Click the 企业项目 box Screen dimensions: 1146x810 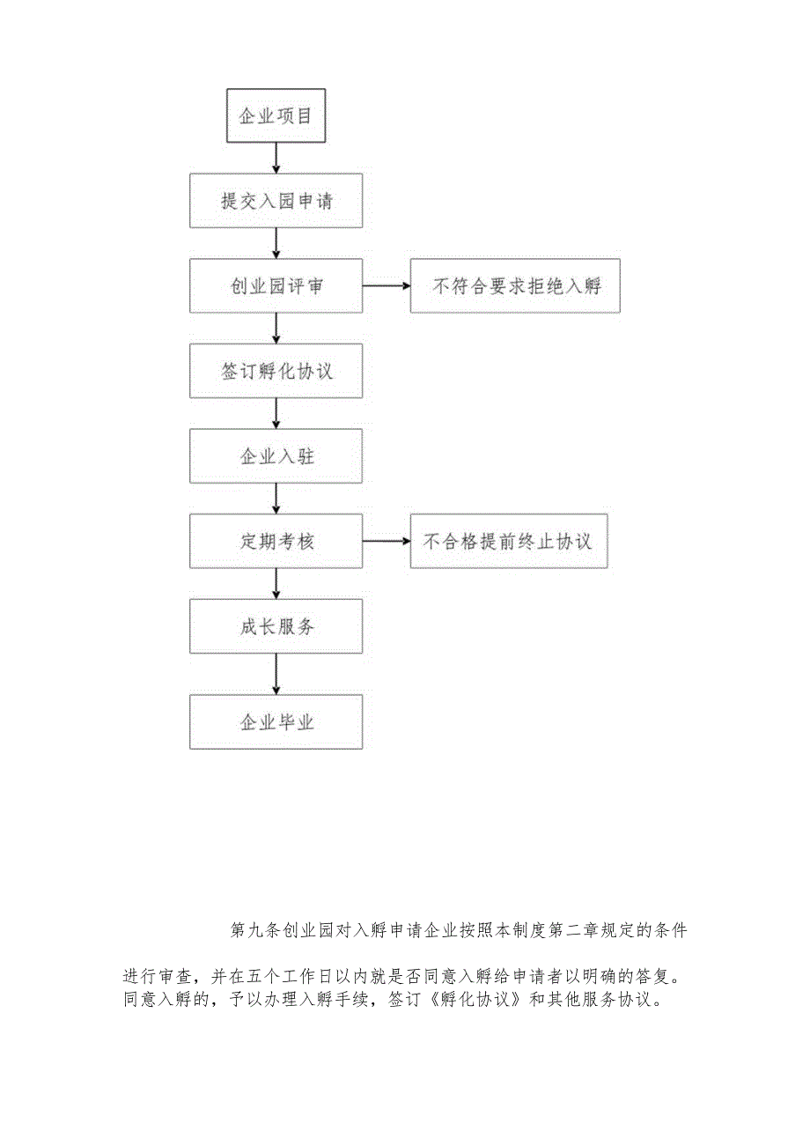276,115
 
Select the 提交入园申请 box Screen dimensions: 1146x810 276,201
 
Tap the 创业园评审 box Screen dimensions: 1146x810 276,286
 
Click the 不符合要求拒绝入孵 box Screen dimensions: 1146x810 515,286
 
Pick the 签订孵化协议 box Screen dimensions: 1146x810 276,371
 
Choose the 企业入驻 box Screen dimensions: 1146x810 276,456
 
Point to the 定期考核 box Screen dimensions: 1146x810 276,541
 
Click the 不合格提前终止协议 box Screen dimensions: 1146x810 508,541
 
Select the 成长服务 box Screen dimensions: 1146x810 276,626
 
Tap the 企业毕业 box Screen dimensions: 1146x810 276,722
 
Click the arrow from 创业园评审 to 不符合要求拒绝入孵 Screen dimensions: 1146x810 386,286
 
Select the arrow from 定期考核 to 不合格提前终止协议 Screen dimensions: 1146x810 386,541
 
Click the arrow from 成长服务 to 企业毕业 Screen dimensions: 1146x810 276,674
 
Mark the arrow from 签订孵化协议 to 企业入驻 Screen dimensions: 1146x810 276,413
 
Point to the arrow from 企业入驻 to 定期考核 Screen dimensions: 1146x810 276,499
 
